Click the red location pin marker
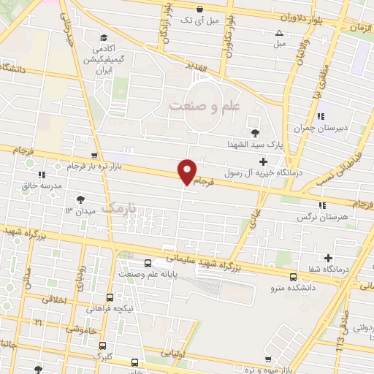(187, 172)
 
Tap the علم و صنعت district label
(205, 106)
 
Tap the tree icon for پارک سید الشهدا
(254, 133)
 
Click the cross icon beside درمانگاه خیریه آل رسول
(263, 161)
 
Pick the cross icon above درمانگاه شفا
(329, 258)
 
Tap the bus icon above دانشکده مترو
(293, 277)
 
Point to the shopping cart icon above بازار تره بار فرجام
(93, 155)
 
